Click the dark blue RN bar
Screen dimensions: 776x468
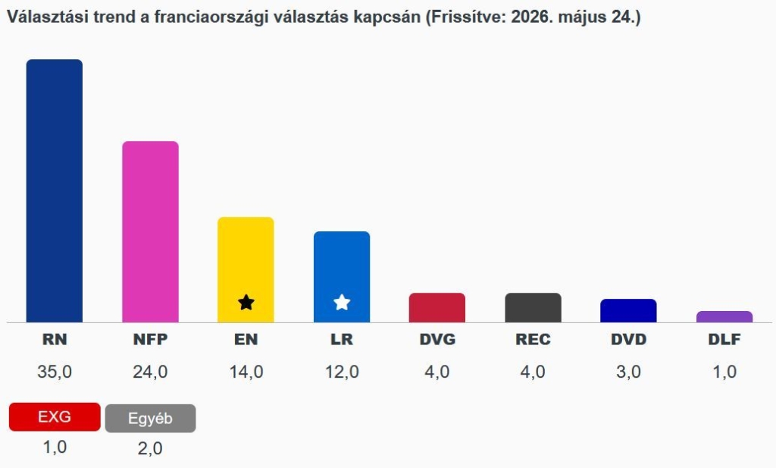55,190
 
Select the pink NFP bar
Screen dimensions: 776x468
151,232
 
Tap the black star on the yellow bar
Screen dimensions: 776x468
246,302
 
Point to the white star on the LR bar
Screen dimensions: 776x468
342,302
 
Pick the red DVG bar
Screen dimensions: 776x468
437,307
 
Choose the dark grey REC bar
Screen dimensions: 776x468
533,307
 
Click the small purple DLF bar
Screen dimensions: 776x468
724,317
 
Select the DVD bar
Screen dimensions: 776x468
628,310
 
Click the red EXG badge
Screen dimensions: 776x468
55,416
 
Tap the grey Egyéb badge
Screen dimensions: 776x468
151,419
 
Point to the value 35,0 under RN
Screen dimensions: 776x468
55,372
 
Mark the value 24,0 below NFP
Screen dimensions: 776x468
151,372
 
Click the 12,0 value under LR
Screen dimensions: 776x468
342,372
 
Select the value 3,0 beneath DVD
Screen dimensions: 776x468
628,372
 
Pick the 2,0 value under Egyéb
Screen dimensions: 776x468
151,449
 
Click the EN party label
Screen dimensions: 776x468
246,339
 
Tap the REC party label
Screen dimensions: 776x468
533,339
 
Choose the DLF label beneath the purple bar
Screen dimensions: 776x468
724,339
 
